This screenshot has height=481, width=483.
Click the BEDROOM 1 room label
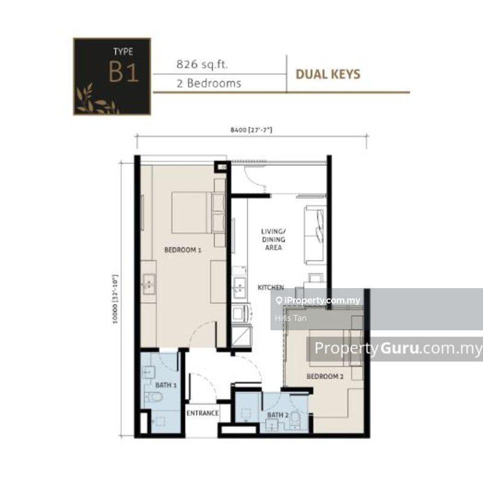183,250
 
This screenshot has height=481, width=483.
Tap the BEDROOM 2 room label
325,376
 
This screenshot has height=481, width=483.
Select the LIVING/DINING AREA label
273,239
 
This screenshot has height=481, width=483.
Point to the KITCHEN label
270,288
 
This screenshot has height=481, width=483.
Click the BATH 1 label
166,385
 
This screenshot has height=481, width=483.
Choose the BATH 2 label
278,415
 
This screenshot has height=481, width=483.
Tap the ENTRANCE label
202,413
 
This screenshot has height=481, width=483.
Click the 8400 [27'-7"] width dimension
251,130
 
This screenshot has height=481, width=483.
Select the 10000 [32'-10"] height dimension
115,299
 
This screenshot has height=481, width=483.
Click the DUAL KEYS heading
328,74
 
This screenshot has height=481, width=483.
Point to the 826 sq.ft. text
202,64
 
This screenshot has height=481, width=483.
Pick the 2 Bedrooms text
208,83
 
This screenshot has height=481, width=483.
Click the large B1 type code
123,72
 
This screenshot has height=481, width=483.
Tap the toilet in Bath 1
154,397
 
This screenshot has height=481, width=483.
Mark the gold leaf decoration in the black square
96,99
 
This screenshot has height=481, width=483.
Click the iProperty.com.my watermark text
322,300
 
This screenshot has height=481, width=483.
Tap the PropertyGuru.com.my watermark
398,348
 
